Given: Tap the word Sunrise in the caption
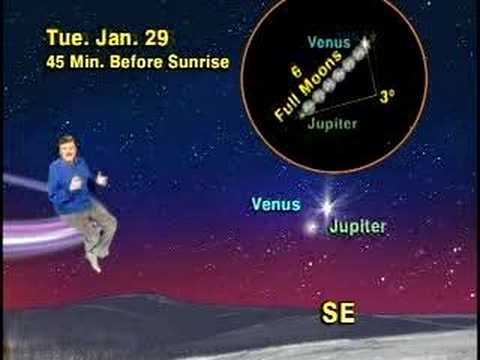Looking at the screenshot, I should coord(199,62).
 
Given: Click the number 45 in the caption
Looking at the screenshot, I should coord(56,62).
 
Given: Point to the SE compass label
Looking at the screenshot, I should coord(338,313).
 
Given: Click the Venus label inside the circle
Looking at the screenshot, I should coord(329,43).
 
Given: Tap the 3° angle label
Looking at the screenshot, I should coord(390,97).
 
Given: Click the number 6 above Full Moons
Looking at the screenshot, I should coord(296,76).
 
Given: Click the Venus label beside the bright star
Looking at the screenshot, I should coord(275,204).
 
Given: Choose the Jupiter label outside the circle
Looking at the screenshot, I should coord(357,226).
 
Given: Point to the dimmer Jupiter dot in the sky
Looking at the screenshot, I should coord(312,226).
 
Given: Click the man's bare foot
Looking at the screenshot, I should coord(94,262).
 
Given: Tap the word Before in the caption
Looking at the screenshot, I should coord(141,62).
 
